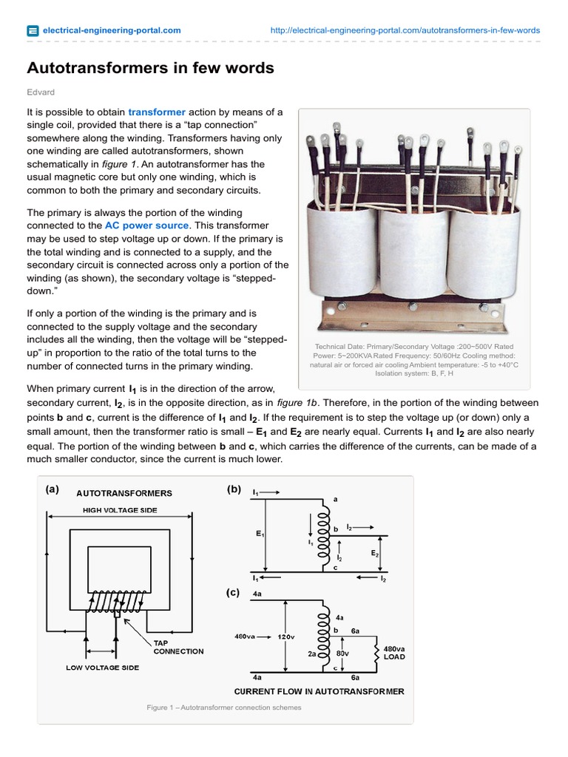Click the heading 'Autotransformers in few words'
[150, 68]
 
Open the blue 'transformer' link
[157, 112]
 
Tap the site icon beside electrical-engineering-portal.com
[33, 30]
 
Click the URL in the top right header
[405, 30]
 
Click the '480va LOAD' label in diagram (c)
[393, 651]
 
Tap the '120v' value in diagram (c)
[286, 637]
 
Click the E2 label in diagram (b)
[374, 552]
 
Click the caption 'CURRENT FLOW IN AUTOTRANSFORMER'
[319, 692]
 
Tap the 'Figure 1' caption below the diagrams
[224, 707]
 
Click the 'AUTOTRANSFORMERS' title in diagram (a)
[124, 493]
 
